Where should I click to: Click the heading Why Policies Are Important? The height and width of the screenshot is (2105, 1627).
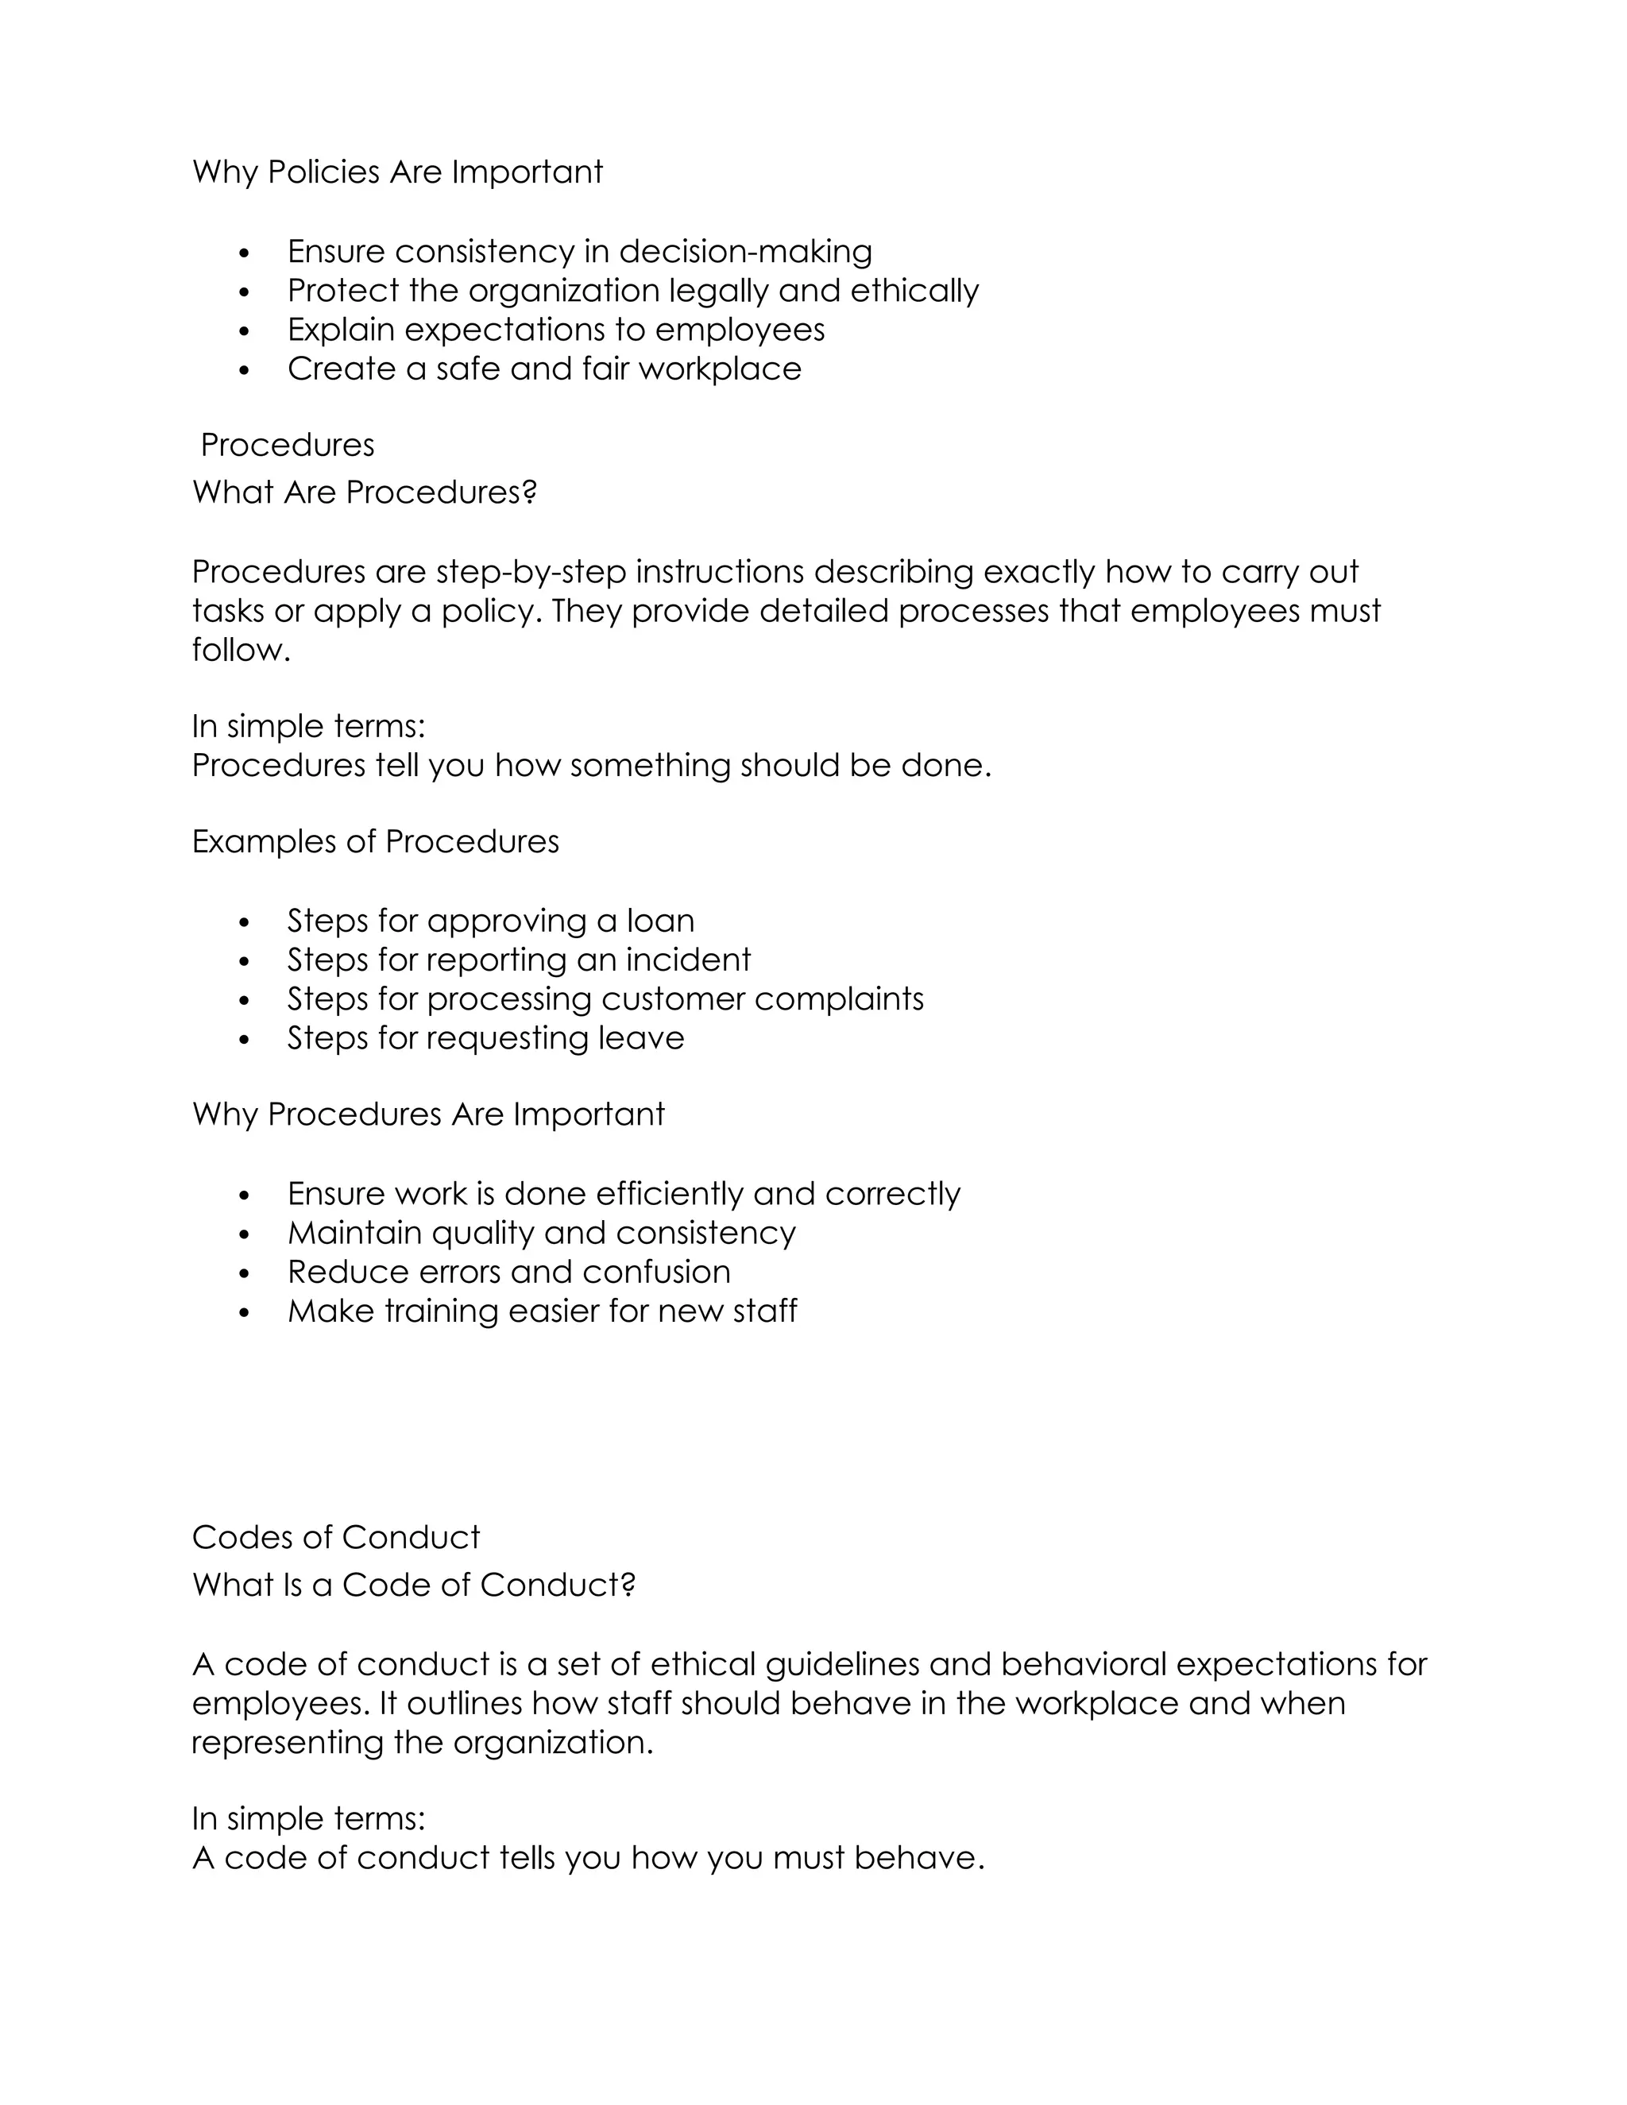pyautogui.click(x=397, y=172)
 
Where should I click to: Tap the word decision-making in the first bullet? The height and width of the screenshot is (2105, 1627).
pyautogui.click(x=745, y=252)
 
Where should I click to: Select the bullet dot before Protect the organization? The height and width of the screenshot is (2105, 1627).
pyautogui.click(x=244, y=291)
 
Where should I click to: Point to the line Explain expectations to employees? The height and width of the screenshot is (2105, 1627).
pyautogui.click(x=555, y=330)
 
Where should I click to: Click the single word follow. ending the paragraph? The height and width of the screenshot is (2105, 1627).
pyautogui.click(x=241, y=650)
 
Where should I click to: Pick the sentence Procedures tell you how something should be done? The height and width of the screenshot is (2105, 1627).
pyautogui.click(x=591, y=765)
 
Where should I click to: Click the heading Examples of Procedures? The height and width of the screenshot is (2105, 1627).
pyautogui.click(x=375, y=841)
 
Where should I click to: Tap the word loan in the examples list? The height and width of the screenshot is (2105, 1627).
pyautogui.click(x=660, y=921)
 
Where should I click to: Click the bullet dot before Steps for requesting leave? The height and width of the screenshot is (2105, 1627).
pyautogui.click(x=244, y=1040)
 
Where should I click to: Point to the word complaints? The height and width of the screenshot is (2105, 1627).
pyautogui.click(x=839, y=999)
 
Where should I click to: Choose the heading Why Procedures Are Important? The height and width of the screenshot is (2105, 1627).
pyautogui.click(x=428, y=1114)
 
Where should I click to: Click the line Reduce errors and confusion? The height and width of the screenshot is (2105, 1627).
pyautogui.click(x=508, y=1273)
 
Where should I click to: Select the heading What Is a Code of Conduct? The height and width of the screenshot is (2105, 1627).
pyautogui.click(x=413, y=1586)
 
